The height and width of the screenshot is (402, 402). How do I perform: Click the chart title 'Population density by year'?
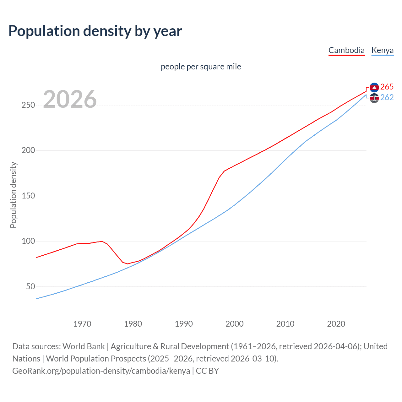[x=95, y=31]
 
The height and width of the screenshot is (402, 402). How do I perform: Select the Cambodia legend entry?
[x=346, y=50]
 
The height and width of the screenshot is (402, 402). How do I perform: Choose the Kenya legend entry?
[x=382, y=50]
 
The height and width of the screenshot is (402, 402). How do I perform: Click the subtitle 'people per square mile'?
[x=201, y=67]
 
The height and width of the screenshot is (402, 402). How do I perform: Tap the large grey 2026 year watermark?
[x=70, y=99]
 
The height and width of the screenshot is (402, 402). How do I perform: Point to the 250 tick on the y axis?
[x=28, y=105]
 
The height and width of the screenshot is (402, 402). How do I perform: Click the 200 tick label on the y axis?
[x=28, y=150]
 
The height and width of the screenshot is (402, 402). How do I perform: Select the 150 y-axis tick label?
[x=28, y=196]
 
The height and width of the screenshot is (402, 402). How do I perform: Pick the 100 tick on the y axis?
[x=28, y=241]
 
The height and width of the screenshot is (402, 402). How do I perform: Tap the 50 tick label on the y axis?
[x=30, y=287]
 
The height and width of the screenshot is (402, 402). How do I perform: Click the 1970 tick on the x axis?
[x=82, y=324]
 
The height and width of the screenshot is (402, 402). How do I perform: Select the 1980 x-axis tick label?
[x=133, y=324]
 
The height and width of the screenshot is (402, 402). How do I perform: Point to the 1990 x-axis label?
[x=184, y=324]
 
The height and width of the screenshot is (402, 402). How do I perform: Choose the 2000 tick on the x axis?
[x=235, y=324]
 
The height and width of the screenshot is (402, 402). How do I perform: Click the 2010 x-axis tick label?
[x=285, y=324]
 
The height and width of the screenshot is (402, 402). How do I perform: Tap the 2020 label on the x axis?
[x=336, y=324]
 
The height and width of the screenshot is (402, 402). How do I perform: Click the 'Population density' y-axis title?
[x=13, y=195]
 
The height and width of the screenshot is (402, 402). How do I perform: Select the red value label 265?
[x=387, y=87]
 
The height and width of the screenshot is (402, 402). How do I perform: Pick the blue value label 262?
[x=387, y=98]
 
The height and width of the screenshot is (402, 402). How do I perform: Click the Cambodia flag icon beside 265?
[x=374, y=87]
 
